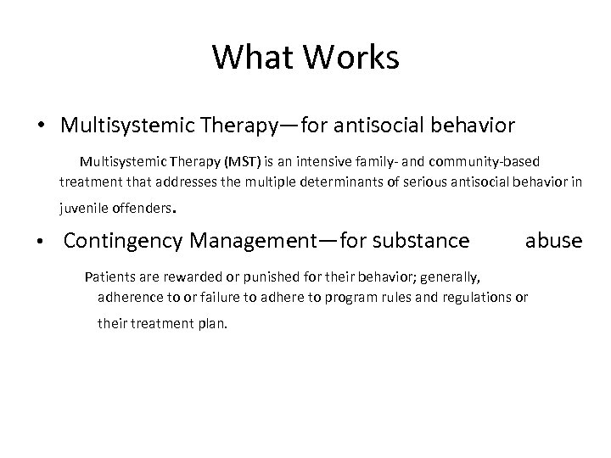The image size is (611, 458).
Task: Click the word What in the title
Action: click(x=251, y=57)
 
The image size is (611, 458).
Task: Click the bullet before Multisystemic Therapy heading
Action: click(x=41, y=126)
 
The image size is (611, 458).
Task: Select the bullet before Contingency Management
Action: click(x=41, y=242)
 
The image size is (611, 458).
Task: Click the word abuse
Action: click(x=553, y=241)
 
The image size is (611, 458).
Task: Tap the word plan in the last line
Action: click(x=212, y=322)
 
